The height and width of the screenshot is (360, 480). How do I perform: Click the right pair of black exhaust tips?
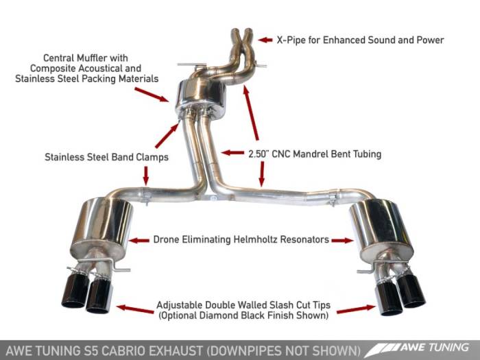(398, 291)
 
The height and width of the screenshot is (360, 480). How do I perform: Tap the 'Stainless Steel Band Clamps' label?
(106, 157)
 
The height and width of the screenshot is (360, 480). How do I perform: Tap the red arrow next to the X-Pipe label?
(264, 39)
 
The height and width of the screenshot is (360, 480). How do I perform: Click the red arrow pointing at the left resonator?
(139, 240)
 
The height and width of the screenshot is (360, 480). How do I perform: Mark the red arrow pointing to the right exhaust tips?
(355, 309)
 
